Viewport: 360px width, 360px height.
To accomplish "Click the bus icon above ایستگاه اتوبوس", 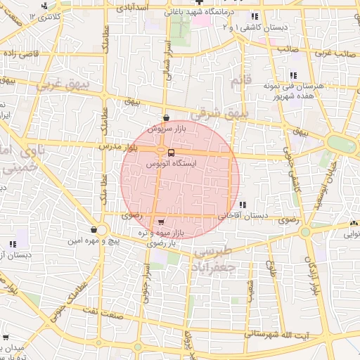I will point(172,152).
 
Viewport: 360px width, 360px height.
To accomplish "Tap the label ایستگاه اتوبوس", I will point(172,162).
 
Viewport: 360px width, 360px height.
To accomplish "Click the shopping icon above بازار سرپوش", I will point(166,118).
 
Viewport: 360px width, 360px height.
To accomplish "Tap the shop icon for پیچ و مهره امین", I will point(94,229).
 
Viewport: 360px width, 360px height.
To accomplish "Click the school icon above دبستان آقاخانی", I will point(243,205).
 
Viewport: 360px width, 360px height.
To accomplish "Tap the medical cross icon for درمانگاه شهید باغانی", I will point(199,4).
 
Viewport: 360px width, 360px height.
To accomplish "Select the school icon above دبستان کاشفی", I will point(255,15).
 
